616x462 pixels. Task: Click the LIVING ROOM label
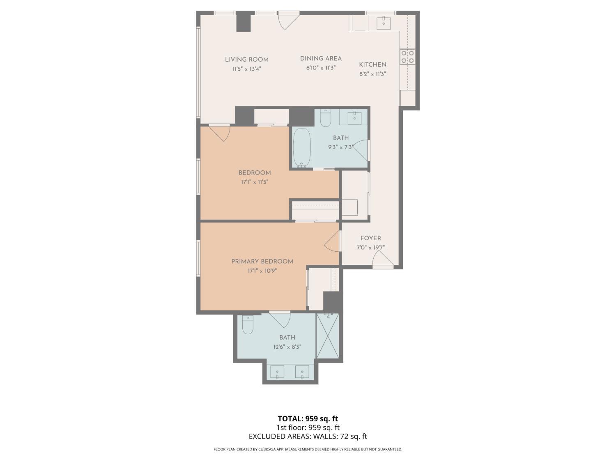(x=247, y=60)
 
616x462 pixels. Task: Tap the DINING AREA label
(x=321, y=59)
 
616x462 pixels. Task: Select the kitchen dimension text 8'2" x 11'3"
(x=373, y=74)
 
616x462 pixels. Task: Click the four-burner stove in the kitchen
(x=407, y=57)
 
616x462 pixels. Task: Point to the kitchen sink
(x=384, y=23)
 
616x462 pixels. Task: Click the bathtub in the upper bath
(x=302, y=148)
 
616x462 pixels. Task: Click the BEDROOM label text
(x=255, y=173)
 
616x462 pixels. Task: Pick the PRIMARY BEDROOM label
(x=262, y=262)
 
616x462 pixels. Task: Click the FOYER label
(x=371, y=238)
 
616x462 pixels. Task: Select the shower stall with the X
(x=327, y=336)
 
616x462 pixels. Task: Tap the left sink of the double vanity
(x=277, y=372)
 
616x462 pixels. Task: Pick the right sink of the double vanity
(x=302, y=372)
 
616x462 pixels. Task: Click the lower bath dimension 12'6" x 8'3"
(x=287, y=347)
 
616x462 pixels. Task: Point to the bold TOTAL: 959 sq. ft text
(x=308, y=418)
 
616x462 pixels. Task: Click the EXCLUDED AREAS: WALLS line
(x=308, y=436)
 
